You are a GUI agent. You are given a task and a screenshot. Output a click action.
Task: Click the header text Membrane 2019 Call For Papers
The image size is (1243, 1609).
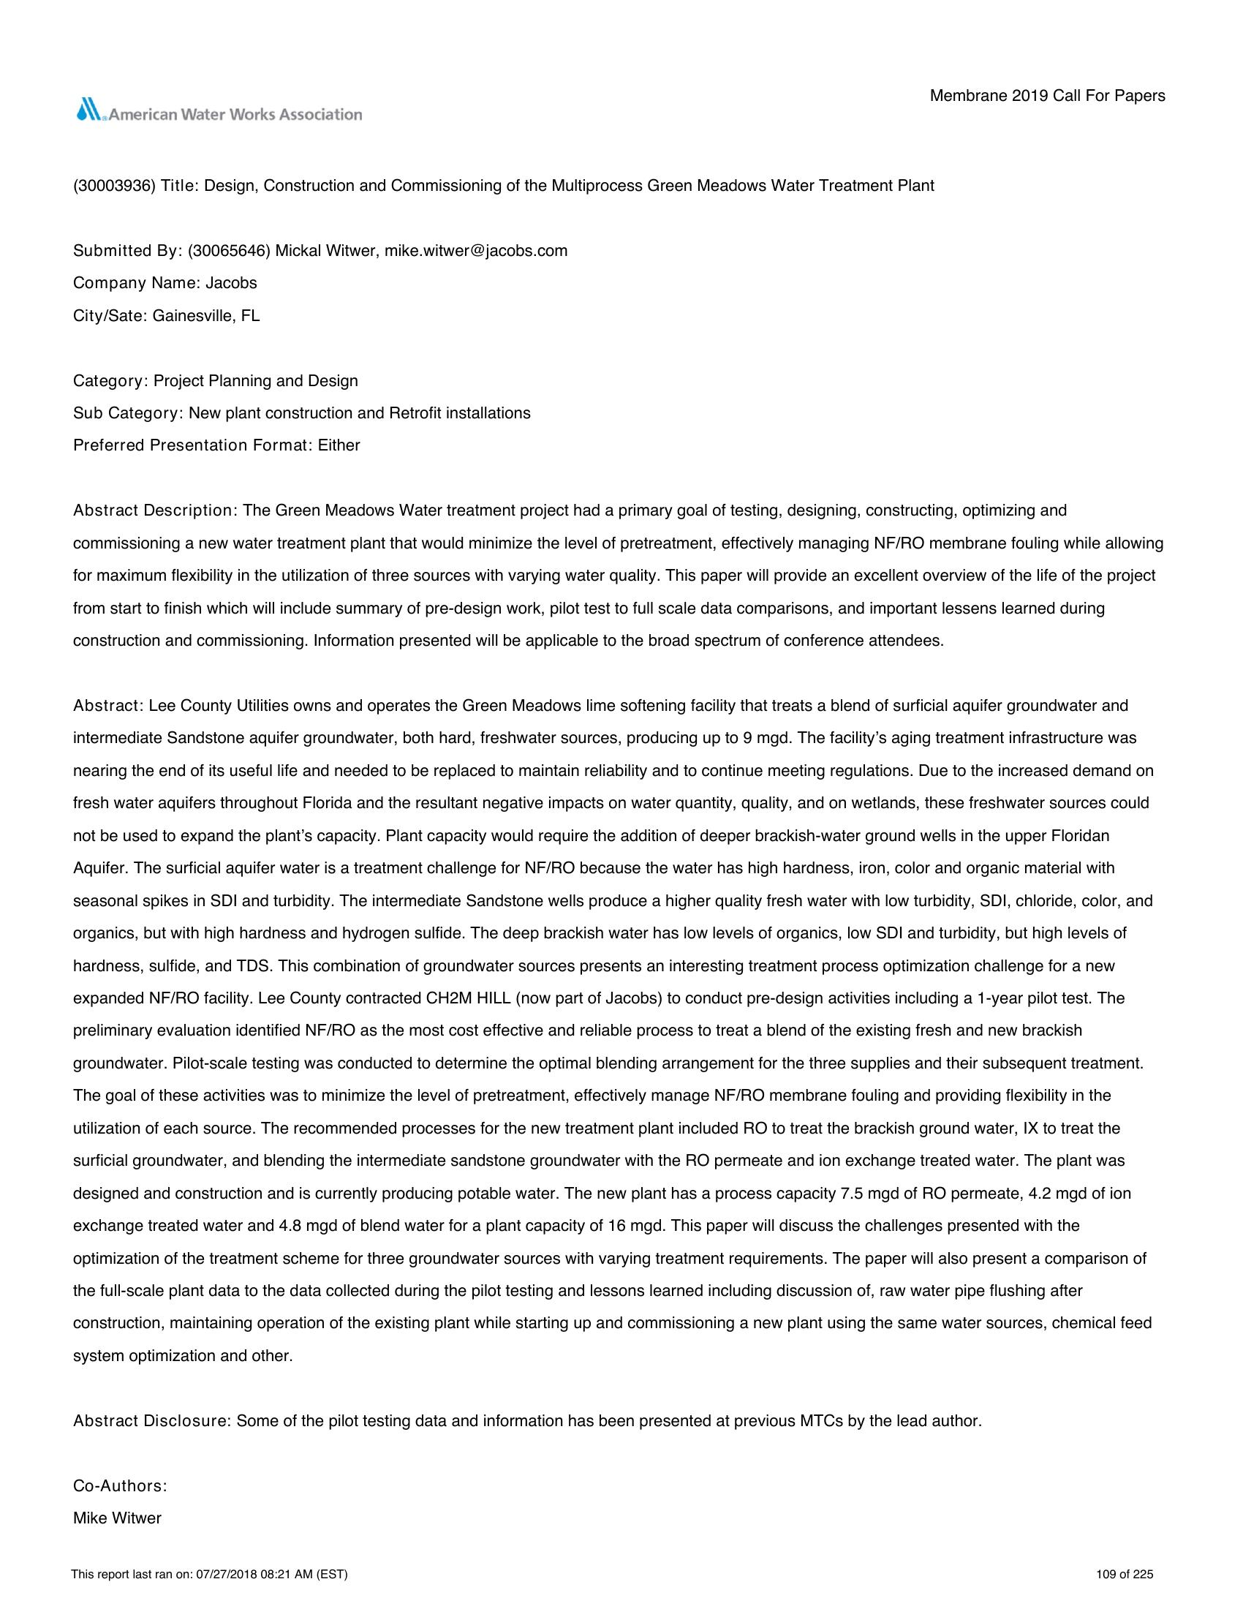click(1047, 96)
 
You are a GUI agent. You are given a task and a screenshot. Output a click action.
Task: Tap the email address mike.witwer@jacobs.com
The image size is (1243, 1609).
click(476, 251)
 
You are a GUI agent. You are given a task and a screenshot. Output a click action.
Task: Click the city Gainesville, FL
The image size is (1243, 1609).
click(206, 316)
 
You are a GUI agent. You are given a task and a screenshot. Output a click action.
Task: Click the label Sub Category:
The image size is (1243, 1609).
click(127, 413)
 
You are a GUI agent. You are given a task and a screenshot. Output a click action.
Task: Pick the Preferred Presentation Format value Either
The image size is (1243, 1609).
click(339, 445)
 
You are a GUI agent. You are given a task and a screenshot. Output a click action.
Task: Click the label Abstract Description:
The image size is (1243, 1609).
click(154, 510)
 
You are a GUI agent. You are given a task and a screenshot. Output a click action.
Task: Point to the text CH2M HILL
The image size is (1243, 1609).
click(469, 999)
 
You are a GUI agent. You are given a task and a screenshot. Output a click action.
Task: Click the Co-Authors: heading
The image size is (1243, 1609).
click(120, 1486)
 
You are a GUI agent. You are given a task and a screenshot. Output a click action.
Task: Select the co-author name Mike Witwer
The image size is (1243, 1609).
click(117, 1518)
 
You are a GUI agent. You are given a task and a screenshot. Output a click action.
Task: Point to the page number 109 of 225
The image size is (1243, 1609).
click(1125, 1575)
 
